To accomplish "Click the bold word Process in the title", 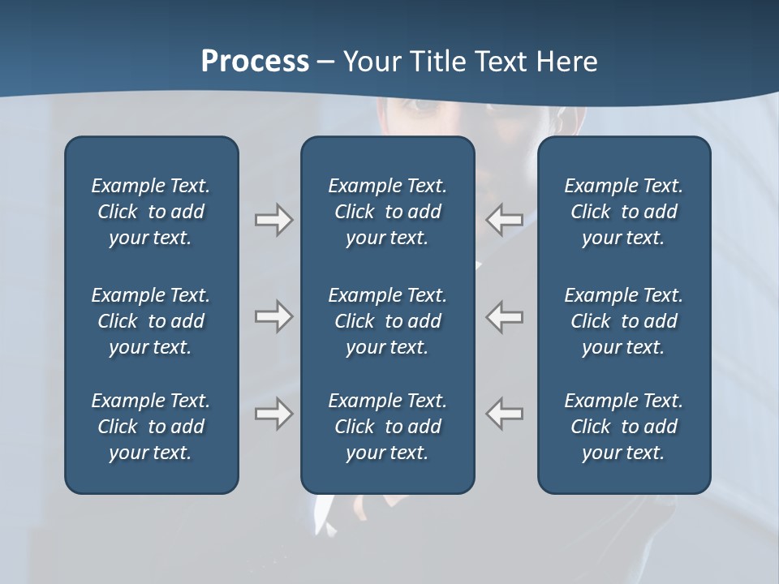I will pos(255,62).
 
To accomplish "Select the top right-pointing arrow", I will pos(273,219).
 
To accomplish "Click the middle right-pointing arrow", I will pos(273,316).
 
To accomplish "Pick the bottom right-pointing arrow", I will pos(273,414).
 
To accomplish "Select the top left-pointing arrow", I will pos(504,219).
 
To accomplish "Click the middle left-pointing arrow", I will pos(504,316).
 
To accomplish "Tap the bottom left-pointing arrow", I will pos(504,414).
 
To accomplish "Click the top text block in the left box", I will pos(151,212).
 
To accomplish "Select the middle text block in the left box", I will pos(151,321).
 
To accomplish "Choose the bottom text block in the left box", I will pos(151,427).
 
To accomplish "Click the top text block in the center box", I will pos(387,212).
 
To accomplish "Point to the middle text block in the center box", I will pos(387,321).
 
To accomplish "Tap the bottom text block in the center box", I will pos(387,427).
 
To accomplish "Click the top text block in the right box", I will pos(623,212).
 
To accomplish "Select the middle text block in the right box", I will pos(623,321).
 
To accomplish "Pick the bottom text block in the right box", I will pos(623,427).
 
